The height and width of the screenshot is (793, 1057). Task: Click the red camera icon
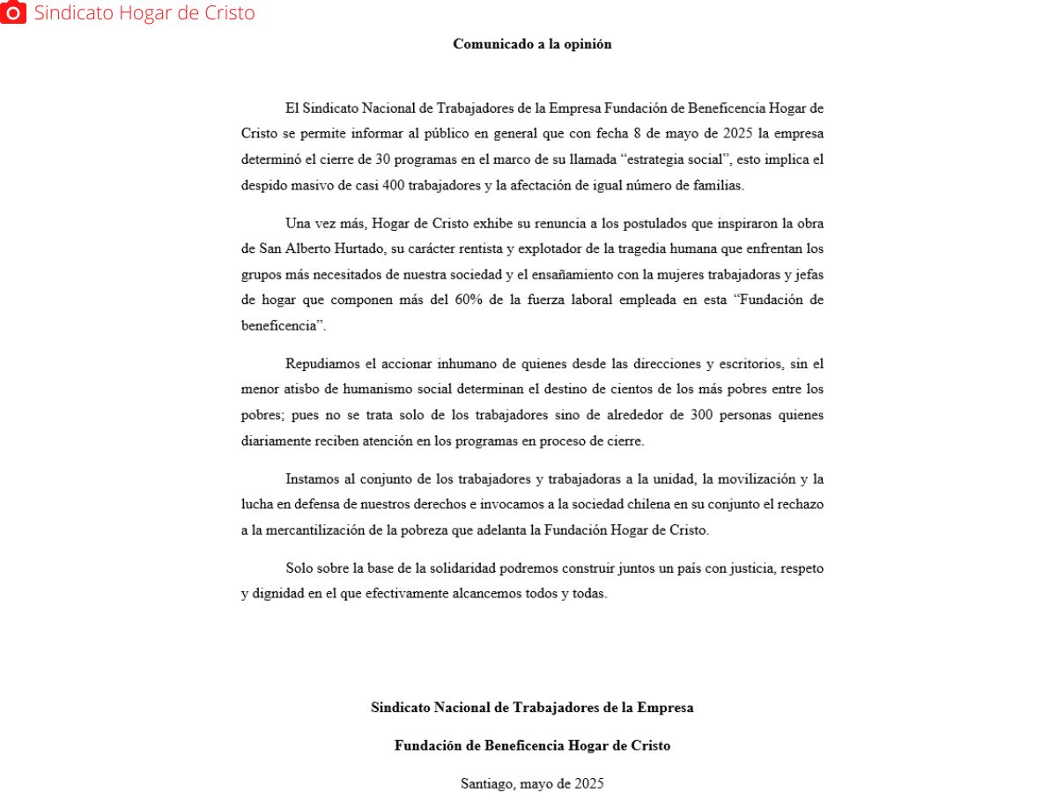click(13, 12)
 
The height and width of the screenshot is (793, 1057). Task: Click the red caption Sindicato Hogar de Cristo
click(144, 13)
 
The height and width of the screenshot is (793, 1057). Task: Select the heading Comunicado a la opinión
click(532, 44)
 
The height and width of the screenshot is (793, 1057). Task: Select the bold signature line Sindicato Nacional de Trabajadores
click(532, 708)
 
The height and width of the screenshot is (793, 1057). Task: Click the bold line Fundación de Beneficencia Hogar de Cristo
click(532, 746)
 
